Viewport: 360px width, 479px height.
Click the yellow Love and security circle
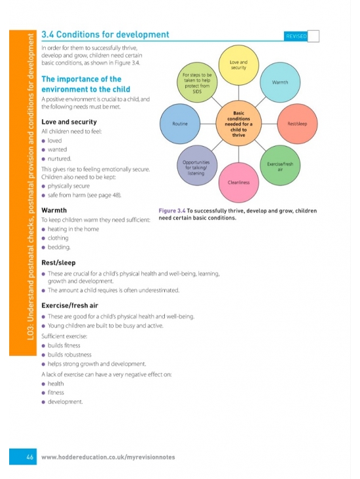point(239,65)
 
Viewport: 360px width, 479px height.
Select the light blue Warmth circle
point(280,82)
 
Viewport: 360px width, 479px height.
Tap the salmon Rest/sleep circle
point(297,124)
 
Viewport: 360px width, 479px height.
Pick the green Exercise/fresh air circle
point(280,166)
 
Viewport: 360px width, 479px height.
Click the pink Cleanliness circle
point(239,183)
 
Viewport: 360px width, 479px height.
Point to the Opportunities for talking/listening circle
point(197,166)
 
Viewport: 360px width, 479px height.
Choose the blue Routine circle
point(180,124)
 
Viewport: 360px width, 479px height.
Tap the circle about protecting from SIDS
point(197,82)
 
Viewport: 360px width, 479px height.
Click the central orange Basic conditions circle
point(239,124)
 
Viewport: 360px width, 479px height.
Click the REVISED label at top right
point(296,37)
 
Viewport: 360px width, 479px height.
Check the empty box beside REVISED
point(314,36)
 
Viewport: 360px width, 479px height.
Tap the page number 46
point(29,457)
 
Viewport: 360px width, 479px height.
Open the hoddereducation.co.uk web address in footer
point(108,457)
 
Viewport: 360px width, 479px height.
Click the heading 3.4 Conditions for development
point(105,35)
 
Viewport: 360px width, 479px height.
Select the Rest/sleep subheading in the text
point(58,262)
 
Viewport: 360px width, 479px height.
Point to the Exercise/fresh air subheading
point(69,306)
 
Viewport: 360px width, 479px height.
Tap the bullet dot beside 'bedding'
point(43,247)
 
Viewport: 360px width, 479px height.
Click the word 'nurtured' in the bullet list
point(59,159)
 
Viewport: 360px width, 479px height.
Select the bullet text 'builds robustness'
point(69,355)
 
